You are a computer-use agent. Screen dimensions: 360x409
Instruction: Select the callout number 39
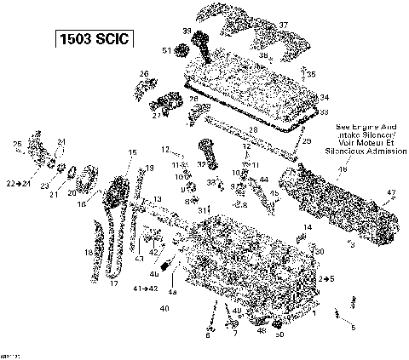tap(186, 31)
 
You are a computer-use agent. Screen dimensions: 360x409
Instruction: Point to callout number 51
tap(167, 51)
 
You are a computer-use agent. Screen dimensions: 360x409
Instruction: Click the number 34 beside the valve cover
tap(324, 98)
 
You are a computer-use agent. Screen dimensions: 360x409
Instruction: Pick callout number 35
tap(312, 75)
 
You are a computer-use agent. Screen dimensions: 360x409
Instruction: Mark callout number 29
tap(306, 140)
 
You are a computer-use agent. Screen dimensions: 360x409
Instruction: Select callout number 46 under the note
tap(344, 169)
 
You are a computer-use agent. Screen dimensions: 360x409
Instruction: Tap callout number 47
tap(391, 193)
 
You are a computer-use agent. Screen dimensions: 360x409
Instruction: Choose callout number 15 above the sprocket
tap(132, 152)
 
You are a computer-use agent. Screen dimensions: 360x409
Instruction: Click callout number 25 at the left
tap(17, 143)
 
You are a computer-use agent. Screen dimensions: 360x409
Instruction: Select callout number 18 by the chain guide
tap(87, 253)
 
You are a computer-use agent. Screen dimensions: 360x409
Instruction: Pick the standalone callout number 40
tap(164, 307)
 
